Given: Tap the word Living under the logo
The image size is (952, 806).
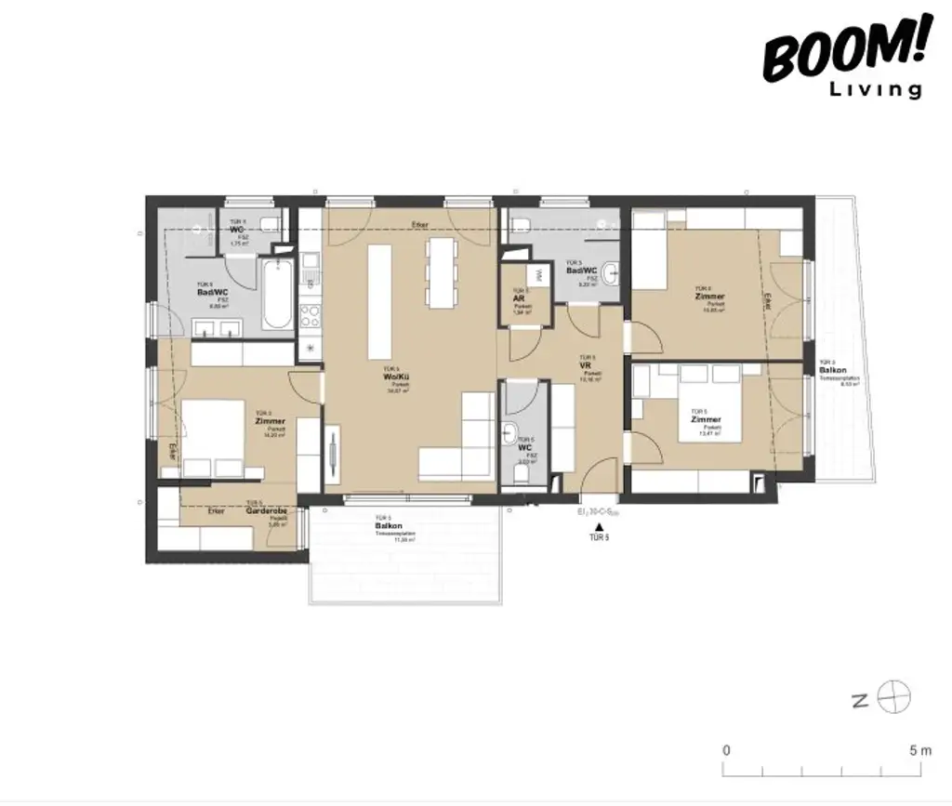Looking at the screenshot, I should (876, 89).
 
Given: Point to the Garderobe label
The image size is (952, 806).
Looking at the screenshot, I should (267, 511).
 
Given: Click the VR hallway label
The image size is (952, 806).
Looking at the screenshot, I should (586, 365).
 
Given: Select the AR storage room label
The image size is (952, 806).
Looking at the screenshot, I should (521, 298).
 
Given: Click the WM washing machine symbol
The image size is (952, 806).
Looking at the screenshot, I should (535, 276).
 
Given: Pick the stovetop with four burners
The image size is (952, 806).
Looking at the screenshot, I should (309, 316).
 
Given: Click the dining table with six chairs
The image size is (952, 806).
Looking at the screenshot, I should (441, 272).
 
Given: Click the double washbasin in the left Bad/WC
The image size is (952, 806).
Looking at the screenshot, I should (218, 325).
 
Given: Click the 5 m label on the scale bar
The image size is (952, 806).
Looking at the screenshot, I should (920, 749).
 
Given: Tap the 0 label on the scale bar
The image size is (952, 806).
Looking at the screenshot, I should (726, 749).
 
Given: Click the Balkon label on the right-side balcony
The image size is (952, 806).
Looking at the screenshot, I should (832, 370).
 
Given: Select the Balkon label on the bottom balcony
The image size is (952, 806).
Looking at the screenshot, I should (382, 526).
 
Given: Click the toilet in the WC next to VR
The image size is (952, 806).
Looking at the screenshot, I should (522, 475).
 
